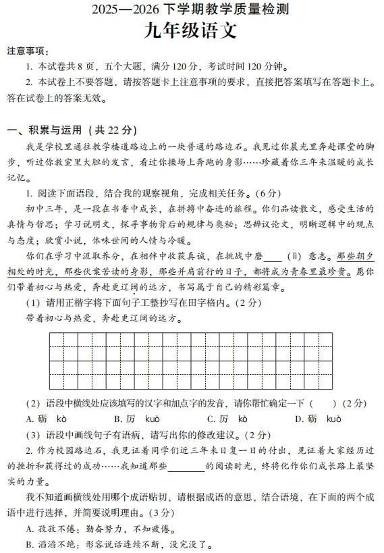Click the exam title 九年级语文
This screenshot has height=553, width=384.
[192, 31]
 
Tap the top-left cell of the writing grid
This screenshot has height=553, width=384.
[56, 339]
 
